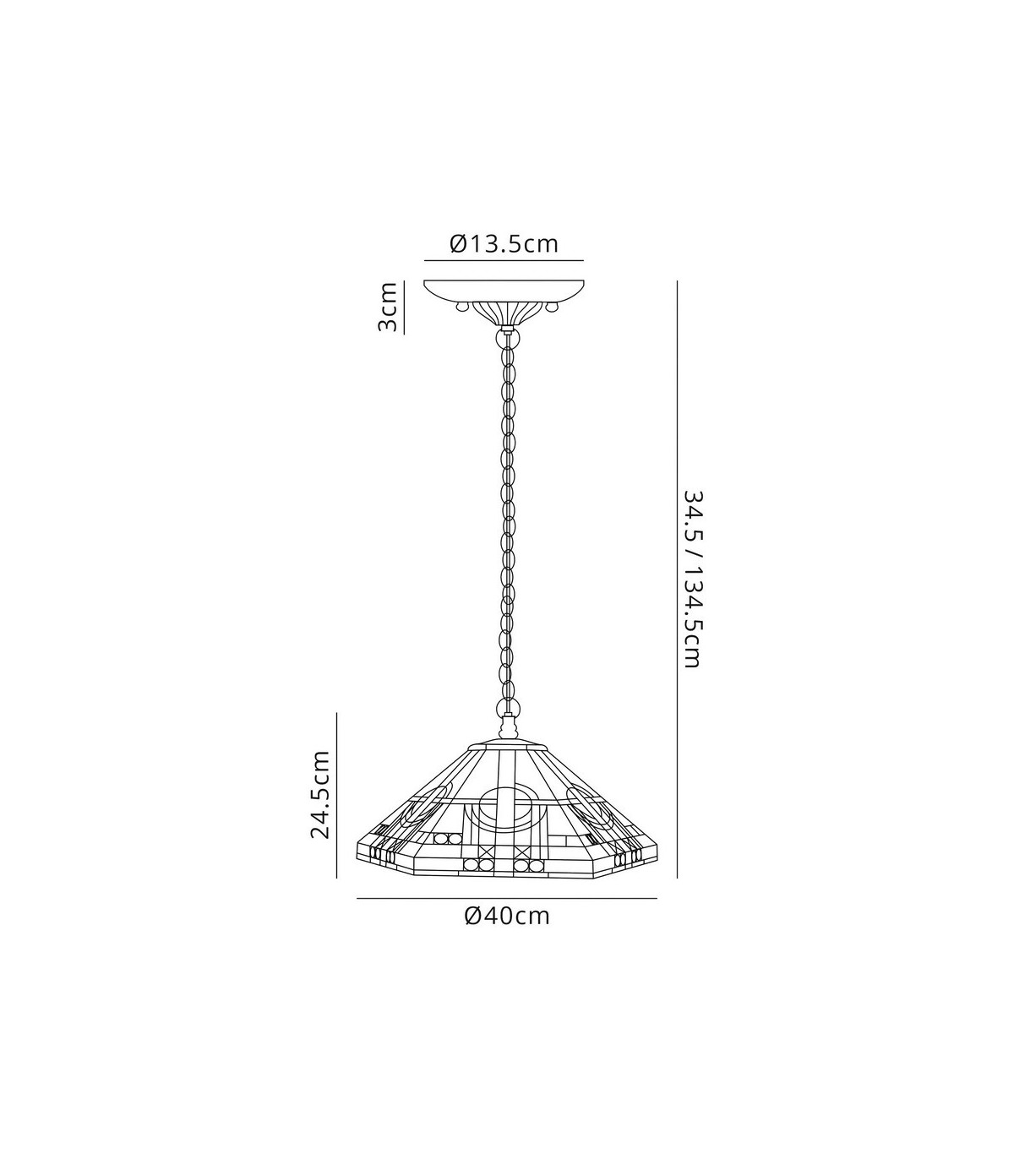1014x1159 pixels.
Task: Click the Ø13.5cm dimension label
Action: [x=504, y=244]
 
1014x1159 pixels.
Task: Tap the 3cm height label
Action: [x=388, y=307]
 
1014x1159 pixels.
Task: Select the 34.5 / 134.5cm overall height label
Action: [x=693, y=579]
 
